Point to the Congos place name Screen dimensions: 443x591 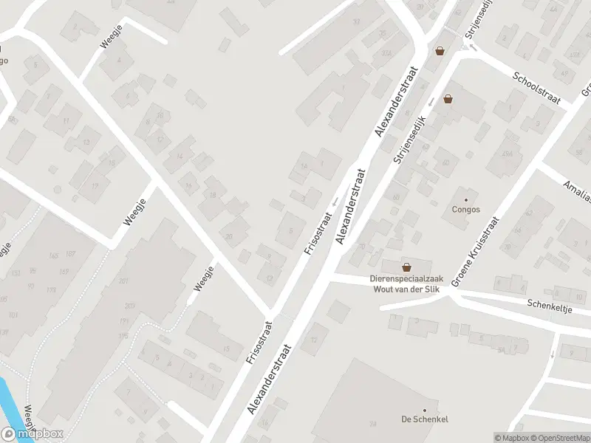click(465, 209)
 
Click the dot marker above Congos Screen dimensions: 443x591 click(465, 199)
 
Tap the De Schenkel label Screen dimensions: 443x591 click(425, 419)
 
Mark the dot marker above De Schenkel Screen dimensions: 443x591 click(425, 410)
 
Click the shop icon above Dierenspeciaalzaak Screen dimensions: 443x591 click(406, 267)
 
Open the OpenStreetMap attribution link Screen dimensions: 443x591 click(564, 438)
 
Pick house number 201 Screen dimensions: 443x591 click(123, 281)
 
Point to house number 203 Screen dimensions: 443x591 click(130, 306)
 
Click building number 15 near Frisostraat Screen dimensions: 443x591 click(226, 349)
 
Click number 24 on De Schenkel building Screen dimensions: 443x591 click(373, 424)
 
